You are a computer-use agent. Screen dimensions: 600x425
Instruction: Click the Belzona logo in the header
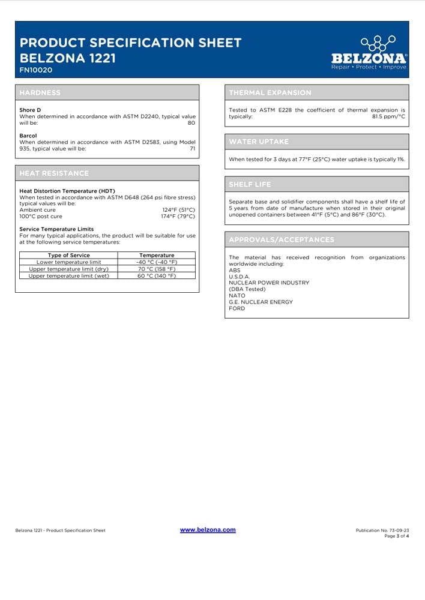(369, 53)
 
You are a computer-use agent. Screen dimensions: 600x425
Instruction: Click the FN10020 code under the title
(35, 70)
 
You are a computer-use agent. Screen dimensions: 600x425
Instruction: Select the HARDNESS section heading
(40, 93)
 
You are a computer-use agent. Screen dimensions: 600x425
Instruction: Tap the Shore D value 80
(191, 122)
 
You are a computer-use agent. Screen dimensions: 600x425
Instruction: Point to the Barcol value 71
(193, 148)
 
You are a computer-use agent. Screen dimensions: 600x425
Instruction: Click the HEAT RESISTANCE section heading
(54, 173)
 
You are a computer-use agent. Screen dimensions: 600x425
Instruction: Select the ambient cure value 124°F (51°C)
(178, 210)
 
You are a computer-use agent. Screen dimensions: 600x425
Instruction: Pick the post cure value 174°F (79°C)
(178, 217)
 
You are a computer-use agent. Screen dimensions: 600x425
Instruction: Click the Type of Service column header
(68, 256)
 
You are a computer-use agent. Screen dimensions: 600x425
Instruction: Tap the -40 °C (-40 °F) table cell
(157, 262)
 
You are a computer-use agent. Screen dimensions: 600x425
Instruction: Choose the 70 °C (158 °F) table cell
(157, 269)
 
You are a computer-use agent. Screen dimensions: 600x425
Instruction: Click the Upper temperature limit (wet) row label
(68, 276)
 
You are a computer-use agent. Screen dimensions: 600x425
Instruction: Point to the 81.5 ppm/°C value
(388, 116)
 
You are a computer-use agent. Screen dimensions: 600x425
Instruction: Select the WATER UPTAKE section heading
(259, 142)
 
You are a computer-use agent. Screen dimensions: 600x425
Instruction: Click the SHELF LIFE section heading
(250, 184)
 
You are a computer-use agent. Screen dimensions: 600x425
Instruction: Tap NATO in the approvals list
(237, 295)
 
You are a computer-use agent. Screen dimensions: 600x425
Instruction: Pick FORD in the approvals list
(237, 308)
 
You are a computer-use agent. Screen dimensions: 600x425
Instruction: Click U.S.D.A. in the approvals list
(239, 276)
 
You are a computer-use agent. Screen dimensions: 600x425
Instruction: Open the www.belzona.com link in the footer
(208, 530)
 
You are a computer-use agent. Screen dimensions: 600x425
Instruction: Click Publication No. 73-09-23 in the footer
(382, 530)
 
